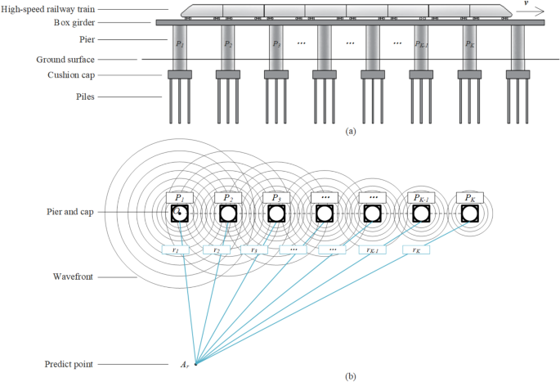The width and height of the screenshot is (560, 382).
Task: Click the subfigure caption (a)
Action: point(351,130)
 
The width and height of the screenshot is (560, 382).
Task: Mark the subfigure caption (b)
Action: point(351,375)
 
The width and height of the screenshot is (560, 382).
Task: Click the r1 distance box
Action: point(175,249)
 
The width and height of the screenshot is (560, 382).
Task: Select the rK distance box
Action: point(417,249)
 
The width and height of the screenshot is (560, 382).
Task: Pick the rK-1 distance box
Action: point(372,249)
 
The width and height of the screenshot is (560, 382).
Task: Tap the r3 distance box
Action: point(254,249)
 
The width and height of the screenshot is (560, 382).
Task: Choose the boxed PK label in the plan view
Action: point(468,197)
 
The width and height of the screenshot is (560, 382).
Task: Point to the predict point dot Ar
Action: point(195,363)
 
